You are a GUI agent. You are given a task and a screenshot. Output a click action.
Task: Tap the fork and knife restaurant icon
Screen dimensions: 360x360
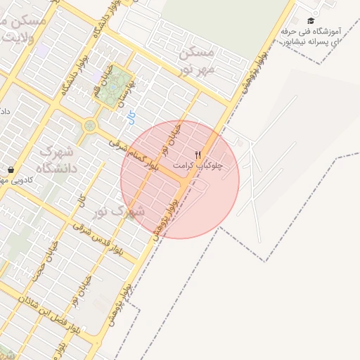[198, 155]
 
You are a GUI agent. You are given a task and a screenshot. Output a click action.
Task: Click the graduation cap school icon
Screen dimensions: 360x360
[311, 21]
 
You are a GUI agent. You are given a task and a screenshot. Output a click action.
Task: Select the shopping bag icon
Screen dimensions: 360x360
[12, 169]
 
